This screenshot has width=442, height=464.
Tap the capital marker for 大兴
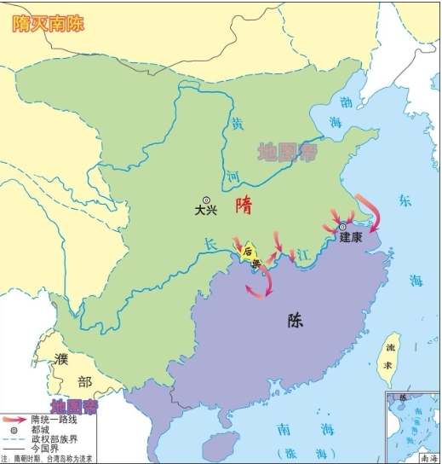[205, 200]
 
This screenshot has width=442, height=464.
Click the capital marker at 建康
[342, 228]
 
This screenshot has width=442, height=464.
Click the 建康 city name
[351, 239]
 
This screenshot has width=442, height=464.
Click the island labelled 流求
[392, 354]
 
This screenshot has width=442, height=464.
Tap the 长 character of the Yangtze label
[210, 243]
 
